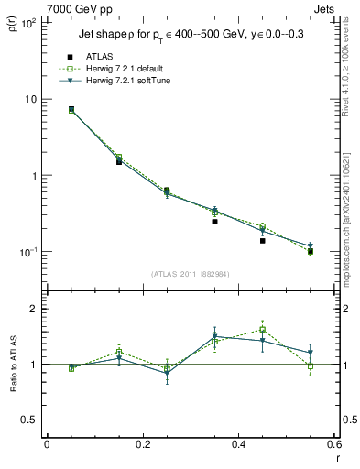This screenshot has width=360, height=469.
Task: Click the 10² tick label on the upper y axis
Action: click(x=28, y=22)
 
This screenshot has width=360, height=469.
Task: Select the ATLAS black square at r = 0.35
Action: click(x=214, y=222)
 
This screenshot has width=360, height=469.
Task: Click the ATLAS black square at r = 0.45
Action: click(x=262, y=240)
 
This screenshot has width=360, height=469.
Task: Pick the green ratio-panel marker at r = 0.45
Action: click(x=262, y=329)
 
